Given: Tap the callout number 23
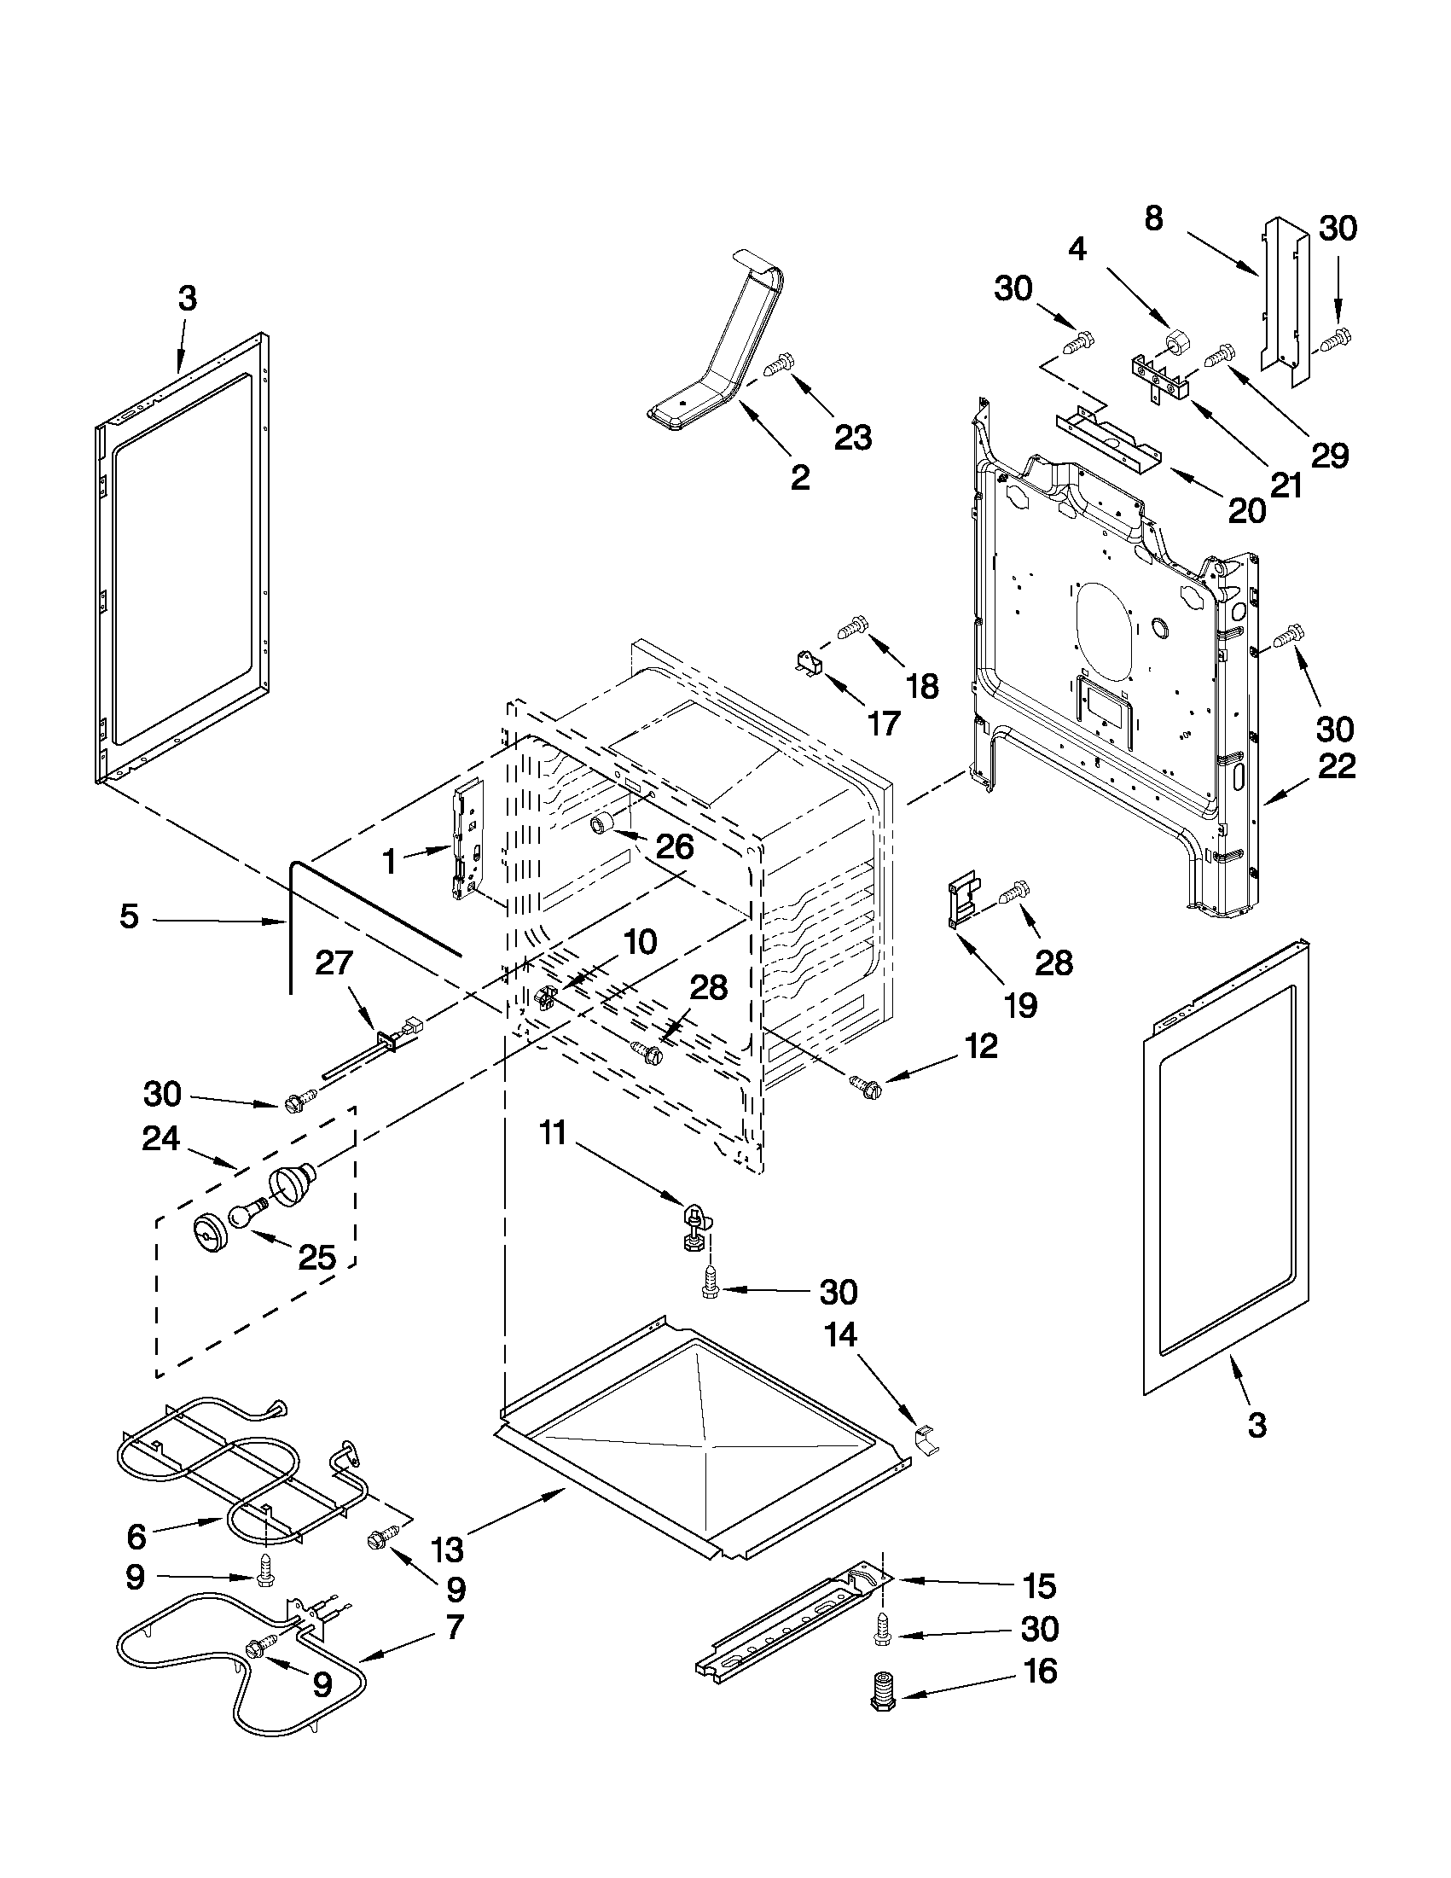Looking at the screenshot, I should (853, 438).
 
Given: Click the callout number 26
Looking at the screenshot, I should (674, 847).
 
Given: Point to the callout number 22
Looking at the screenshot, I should (1337, 766).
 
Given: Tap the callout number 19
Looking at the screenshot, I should (1020, 1004).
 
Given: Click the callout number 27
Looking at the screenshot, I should (334, 962).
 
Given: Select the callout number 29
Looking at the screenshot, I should (1330, 455).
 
